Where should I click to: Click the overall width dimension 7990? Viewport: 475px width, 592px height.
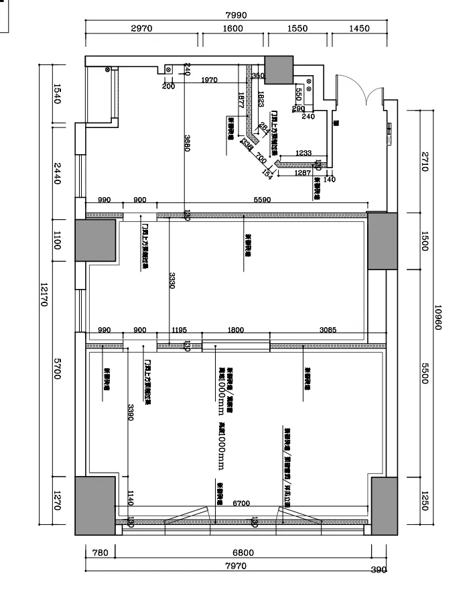click(236, 15)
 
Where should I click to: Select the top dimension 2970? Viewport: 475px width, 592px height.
click(142, 29)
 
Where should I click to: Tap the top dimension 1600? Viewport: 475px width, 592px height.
click(232, 29)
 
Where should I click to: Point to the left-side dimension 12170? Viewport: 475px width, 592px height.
click(45, 293)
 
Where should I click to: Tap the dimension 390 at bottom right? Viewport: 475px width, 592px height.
click(379, 571)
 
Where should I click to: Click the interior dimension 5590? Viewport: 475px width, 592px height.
click(262, 200)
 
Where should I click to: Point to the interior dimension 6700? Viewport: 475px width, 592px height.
click(241, 504)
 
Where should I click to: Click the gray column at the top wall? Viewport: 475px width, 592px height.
click(279, 68)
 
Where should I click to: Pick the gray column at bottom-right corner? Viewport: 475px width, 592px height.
click(385, 506)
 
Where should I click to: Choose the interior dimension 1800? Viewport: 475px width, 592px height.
click(236, 331)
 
